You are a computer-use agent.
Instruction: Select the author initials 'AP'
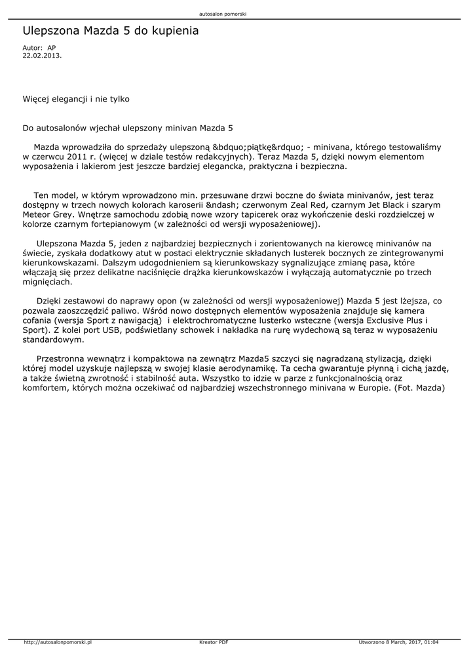coord(52,48)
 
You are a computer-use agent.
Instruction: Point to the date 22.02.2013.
coord(42,56)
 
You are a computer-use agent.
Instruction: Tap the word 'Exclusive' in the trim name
coord(375,321)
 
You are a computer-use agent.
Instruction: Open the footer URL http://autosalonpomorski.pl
coord(57,642)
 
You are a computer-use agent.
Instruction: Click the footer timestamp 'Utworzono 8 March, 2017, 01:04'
coord(398,642)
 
